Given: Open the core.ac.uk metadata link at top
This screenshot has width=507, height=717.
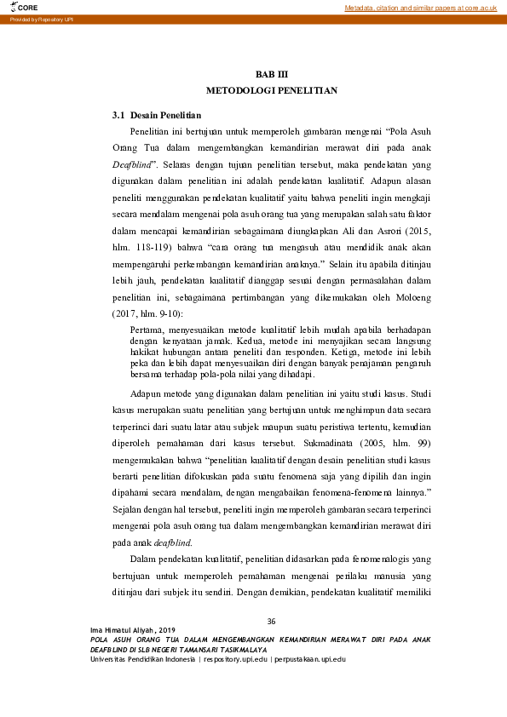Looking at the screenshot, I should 420,8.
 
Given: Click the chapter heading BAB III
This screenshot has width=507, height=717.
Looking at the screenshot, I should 272,75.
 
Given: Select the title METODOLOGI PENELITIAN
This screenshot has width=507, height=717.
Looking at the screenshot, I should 272,89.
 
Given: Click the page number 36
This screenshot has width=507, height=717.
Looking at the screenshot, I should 272,621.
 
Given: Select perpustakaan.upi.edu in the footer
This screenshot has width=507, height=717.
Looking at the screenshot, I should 309,659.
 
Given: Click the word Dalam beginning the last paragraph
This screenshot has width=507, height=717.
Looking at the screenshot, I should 145,559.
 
